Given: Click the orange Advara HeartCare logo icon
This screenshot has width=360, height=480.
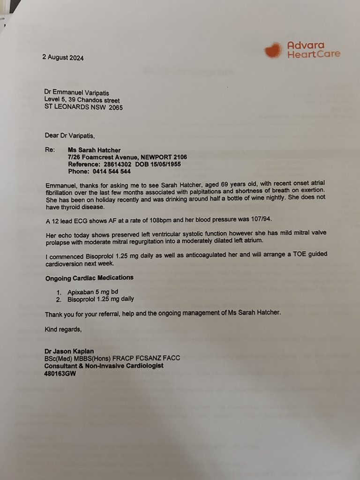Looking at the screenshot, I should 273,50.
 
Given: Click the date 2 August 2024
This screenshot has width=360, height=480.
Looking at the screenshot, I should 63,58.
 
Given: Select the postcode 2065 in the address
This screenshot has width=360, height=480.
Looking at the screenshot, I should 115,107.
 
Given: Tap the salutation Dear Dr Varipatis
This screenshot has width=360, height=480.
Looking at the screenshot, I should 70,135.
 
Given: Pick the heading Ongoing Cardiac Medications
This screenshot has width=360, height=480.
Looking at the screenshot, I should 89,277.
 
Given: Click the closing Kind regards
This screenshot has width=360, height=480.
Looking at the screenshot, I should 63,329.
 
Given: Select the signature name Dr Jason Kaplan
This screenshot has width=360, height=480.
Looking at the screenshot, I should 69,351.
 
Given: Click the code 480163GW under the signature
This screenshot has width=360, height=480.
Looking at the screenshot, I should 60,374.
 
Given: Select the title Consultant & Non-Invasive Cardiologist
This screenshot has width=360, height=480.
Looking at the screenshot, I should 104,366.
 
